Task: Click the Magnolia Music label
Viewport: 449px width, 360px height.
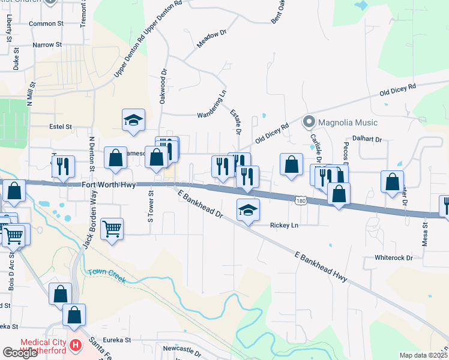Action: [x=348, y=122]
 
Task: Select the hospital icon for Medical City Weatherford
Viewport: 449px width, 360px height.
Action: [x=76, y=346]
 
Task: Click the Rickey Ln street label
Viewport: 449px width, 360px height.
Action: [x=284, y=225]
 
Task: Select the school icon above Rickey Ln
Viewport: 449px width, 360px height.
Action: [x=248, y=211]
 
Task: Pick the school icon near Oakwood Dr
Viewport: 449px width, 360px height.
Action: [x=134, y=121]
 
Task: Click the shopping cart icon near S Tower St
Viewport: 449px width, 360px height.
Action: [x=112, y=229]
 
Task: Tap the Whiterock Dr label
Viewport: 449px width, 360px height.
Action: [x=394, y=257]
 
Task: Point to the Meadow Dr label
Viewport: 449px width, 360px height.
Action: [x=209, y=40]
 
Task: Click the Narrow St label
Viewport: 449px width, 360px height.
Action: [x=47, y=45]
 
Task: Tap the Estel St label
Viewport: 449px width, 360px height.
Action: [x=60, y=127]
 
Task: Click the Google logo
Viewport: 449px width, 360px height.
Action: [x=20, y=353]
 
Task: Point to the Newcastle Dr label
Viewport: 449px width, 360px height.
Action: [x=182, y=348]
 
